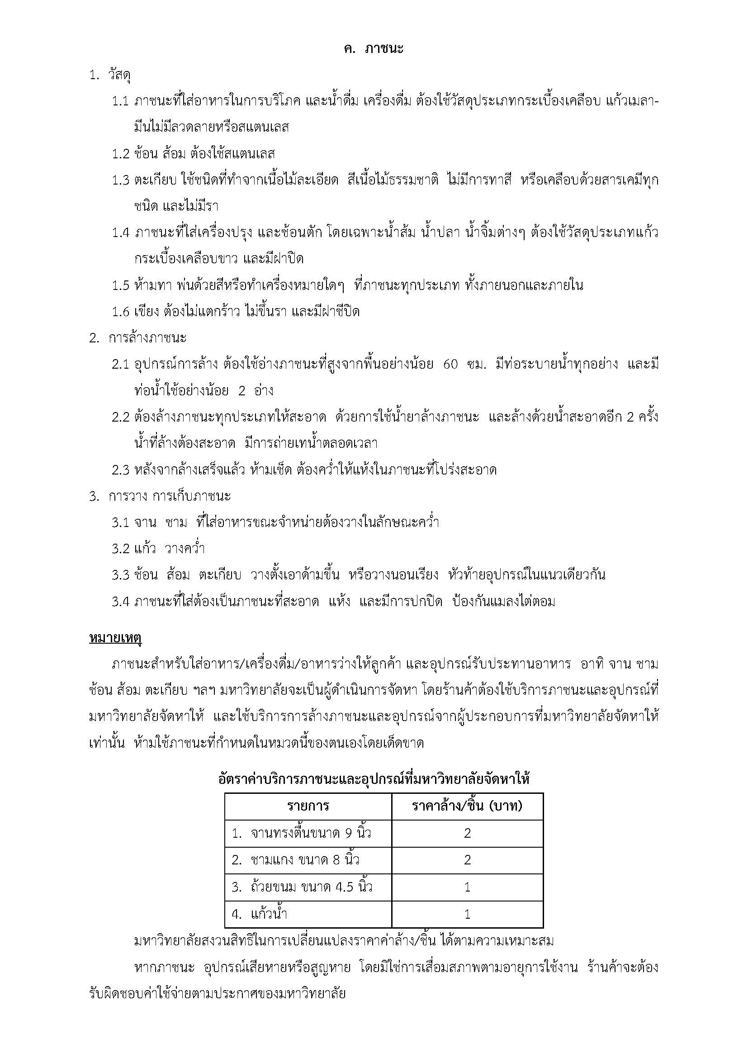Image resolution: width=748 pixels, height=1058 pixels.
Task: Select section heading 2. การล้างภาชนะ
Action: point(138,338)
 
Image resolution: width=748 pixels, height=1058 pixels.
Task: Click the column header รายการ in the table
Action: point(308,806)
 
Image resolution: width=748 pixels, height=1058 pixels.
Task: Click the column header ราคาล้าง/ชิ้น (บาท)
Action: point(467,806)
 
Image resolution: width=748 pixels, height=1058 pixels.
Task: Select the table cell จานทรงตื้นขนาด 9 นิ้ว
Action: point(301,833)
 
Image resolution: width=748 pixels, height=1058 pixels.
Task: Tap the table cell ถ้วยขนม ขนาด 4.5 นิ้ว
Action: point(302,887)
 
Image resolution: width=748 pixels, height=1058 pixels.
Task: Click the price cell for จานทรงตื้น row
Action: point(467,833)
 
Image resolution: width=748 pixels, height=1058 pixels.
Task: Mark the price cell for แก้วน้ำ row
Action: point(467,914)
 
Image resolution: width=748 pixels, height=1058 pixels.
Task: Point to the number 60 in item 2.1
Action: point(450,365)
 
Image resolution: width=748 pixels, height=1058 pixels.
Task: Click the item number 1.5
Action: point(120,286)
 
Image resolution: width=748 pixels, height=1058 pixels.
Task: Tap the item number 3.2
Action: point(120,549)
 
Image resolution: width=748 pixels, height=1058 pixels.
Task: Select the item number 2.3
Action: point(120,470)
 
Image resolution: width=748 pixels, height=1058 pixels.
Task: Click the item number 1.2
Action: point(120,154)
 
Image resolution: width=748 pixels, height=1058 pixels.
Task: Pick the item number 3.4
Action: point(120,602)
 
